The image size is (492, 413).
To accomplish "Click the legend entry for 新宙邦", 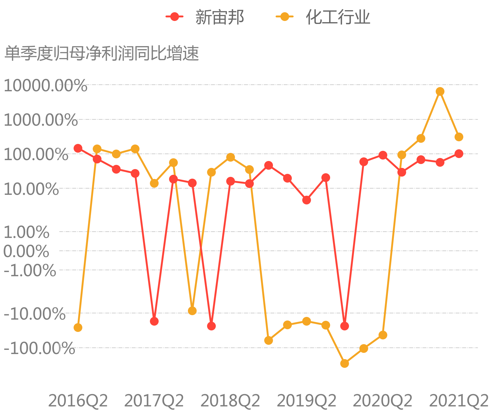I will coord(205,17).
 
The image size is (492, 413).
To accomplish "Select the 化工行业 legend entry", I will coord(323,17).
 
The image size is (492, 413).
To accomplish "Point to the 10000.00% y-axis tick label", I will coord(45,86).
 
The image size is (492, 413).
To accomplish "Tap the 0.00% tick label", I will coord(26,251).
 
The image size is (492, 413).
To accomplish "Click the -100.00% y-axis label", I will coord(39,348).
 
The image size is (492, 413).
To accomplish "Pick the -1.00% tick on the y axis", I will coord(30,271).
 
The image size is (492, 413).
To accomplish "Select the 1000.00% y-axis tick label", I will coord(40,120).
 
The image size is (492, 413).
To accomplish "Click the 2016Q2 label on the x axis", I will coord(78,400).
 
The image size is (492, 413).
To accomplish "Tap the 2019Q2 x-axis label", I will coord(306,400).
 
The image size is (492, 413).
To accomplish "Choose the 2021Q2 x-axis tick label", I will coord(458,400).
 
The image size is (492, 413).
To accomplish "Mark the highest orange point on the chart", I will coord(440,91).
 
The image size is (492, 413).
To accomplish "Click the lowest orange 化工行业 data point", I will coord(344,363).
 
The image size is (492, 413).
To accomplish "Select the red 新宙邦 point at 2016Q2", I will coord(78,148).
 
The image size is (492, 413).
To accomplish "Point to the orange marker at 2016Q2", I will coord(78,328).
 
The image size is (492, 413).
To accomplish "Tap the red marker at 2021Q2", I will coord(459,154).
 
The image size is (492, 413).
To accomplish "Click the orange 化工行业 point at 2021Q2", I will coord(459,137).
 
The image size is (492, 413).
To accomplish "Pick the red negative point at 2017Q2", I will coord(154,321).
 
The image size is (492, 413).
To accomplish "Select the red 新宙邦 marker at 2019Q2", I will coord(306,200).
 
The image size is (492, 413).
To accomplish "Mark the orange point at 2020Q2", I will coord(383,335).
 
